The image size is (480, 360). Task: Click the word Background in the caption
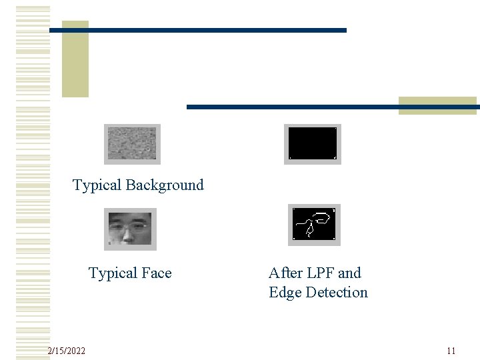coord(164,185)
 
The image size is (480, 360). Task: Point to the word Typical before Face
coord(113,273)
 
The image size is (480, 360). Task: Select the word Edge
coord(285,293)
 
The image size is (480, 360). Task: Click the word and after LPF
coord(350,273)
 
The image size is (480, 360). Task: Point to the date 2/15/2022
coord(67,351)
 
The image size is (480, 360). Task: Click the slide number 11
coord(451,351)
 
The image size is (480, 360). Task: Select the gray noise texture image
coord(132,143)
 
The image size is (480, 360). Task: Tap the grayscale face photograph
coord(131,229)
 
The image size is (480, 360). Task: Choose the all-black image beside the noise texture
coord(312,143)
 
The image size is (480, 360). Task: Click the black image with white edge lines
coord(314,225)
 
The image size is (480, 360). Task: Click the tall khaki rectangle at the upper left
coord(75,60)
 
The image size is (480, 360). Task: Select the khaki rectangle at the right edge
coord(438,105)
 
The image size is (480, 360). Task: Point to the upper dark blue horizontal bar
coord(200,30)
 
